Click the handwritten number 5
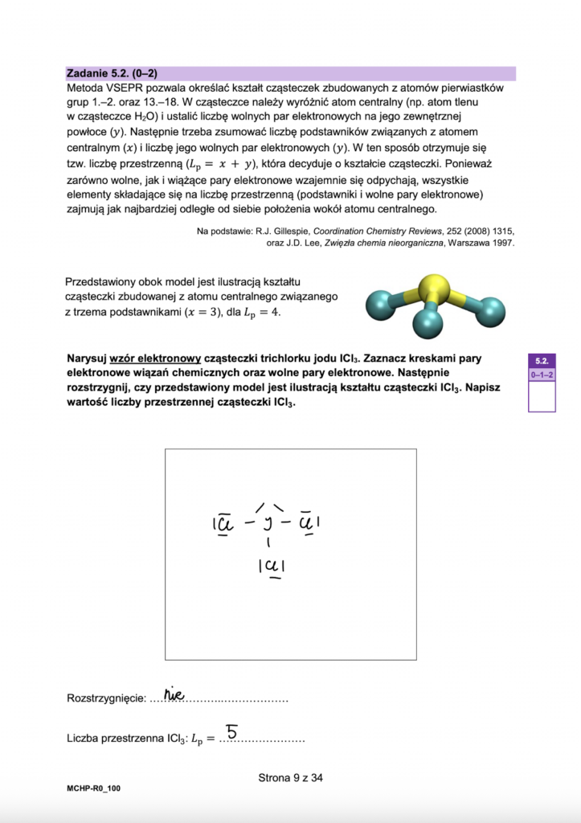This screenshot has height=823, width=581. tap(231, 731)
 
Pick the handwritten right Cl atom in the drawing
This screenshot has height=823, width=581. tap(308, 522)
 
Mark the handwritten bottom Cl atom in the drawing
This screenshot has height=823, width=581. tap(273, 566)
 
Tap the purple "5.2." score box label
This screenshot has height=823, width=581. tap(541, 361)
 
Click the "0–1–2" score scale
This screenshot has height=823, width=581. tap(541, 375)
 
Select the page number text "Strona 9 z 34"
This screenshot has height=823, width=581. tap(290, 777)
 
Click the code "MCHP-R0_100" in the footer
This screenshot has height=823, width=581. tap(94, 790)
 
